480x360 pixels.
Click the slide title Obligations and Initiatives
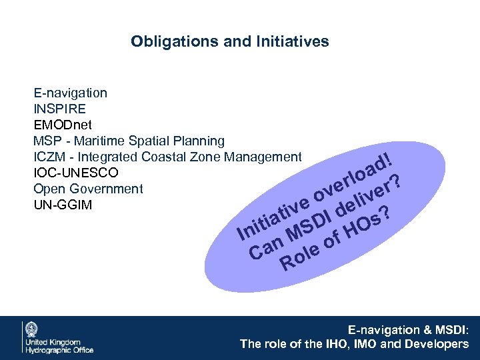click(229, 41)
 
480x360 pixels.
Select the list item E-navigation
click(70, 93)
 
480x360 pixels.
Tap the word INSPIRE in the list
click(59, 109)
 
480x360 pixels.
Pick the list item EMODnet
click(63, 125)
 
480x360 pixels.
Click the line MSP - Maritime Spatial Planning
click(129, 141)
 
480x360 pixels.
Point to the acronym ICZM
click(49, 157)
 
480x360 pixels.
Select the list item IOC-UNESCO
click(76, 173)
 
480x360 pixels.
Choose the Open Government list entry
click(88, 189)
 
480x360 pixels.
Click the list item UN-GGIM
click(63, 205)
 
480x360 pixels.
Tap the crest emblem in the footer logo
click(31, 329)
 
